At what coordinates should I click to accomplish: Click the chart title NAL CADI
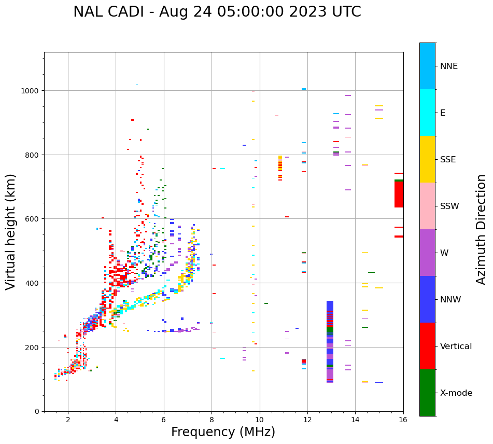click(217, 12)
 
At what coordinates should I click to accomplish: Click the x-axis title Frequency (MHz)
click(223, 432)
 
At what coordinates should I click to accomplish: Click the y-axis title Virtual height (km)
click(11, 231)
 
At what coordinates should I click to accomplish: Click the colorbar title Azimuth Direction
click(482, 229)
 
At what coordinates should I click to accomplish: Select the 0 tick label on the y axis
click(36, 411)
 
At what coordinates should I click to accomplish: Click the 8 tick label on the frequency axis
click(212, 420)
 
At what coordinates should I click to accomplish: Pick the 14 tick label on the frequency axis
click(355, 420)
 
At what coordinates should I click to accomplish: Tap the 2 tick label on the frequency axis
click(68, 420)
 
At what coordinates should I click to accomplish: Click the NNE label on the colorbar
click(449, 66)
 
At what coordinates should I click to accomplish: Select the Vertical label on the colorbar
click(456, 346)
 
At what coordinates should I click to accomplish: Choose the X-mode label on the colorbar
click(456, 393)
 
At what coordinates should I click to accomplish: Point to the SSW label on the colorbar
click(449, 206)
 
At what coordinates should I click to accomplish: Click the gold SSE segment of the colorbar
click(427, 159)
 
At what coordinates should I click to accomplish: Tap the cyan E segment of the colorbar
click(427, 113)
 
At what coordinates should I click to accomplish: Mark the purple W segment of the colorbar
click(427, 253)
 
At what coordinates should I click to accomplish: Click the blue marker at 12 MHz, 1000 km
click(304, 89)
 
